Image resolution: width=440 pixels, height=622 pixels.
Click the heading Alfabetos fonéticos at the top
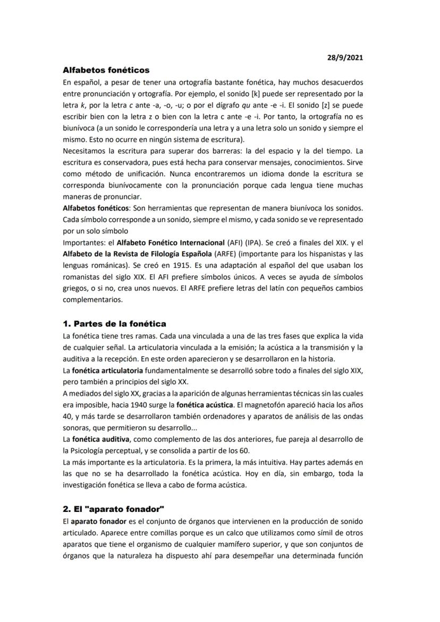106,70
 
